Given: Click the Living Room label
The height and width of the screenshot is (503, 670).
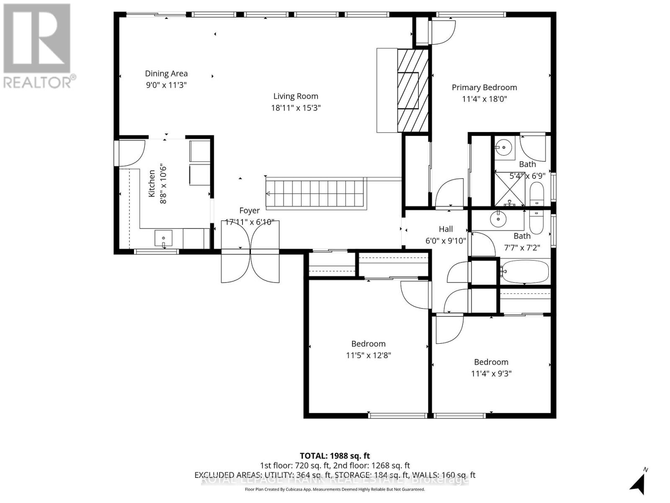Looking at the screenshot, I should click(x=296, y=96).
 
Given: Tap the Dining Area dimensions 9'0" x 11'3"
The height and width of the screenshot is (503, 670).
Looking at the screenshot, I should click(x=166, y=85).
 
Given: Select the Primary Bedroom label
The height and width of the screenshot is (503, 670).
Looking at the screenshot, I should click(x=484, y=88).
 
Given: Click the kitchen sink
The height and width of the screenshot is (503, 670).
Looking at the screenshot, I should click(x=163, y=239).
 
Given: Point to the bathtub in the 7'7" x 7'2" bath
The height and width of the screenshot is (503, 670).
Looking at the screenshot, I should click(x=525, y=272).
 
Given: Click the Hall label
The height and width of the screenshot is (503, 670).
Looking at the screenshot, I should click(x=446, y=229).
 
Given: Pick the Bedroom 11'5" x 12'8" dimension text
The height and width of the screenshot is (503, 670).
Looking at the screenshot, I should click(x=368, y=355).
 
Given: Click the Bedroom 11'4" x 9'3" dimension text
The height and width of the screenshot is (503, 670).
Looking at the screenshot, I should click(x=491, y=373).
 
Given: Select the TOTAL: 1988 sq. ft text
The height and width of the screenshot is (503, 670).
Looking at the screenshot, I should click(x=335, y=456).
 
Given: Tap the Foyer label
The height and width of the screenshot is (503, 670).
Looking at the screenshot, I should click(x=249, y=211).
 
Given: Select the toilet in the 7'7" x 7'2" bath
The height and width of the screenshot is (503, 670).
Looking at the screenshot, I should click(x=536, y=222).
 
